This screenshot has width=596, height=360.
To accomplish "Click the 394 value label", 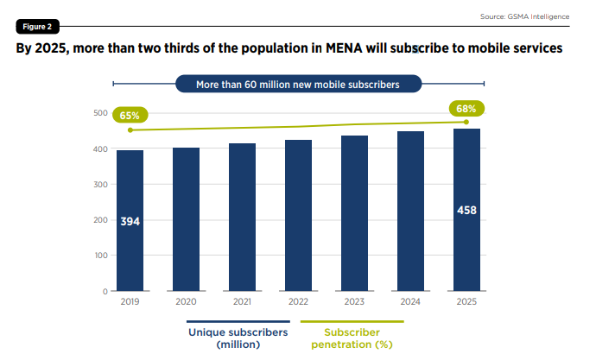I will click(x=130, y=222).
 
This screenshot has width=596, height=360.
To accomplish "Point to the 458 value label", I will click(x=466, y=210).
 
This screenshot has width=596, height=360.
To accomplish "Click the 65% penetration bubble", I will click(x=130, y=115).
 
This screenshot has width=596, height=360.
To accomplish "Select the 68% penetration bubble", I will click(x=466, y=109).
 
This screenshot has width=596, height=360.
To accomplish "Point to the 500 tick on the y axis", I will click(x=99, y=113).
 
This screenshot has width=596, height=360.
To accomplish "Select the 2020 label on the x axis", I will click(x=186, y=302).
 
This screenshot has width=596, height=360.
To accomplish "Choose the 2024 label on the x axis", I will click(x=410, y=302).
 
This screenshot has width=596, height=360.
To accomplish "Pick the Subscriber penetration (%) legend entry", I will click(x=352, y=338).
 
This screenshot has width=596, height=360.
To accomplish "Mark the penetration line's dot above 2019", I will click(x=130, y=130).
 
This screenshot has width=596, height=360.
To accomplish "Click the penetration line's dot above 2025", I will click(x=466, y=122).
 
